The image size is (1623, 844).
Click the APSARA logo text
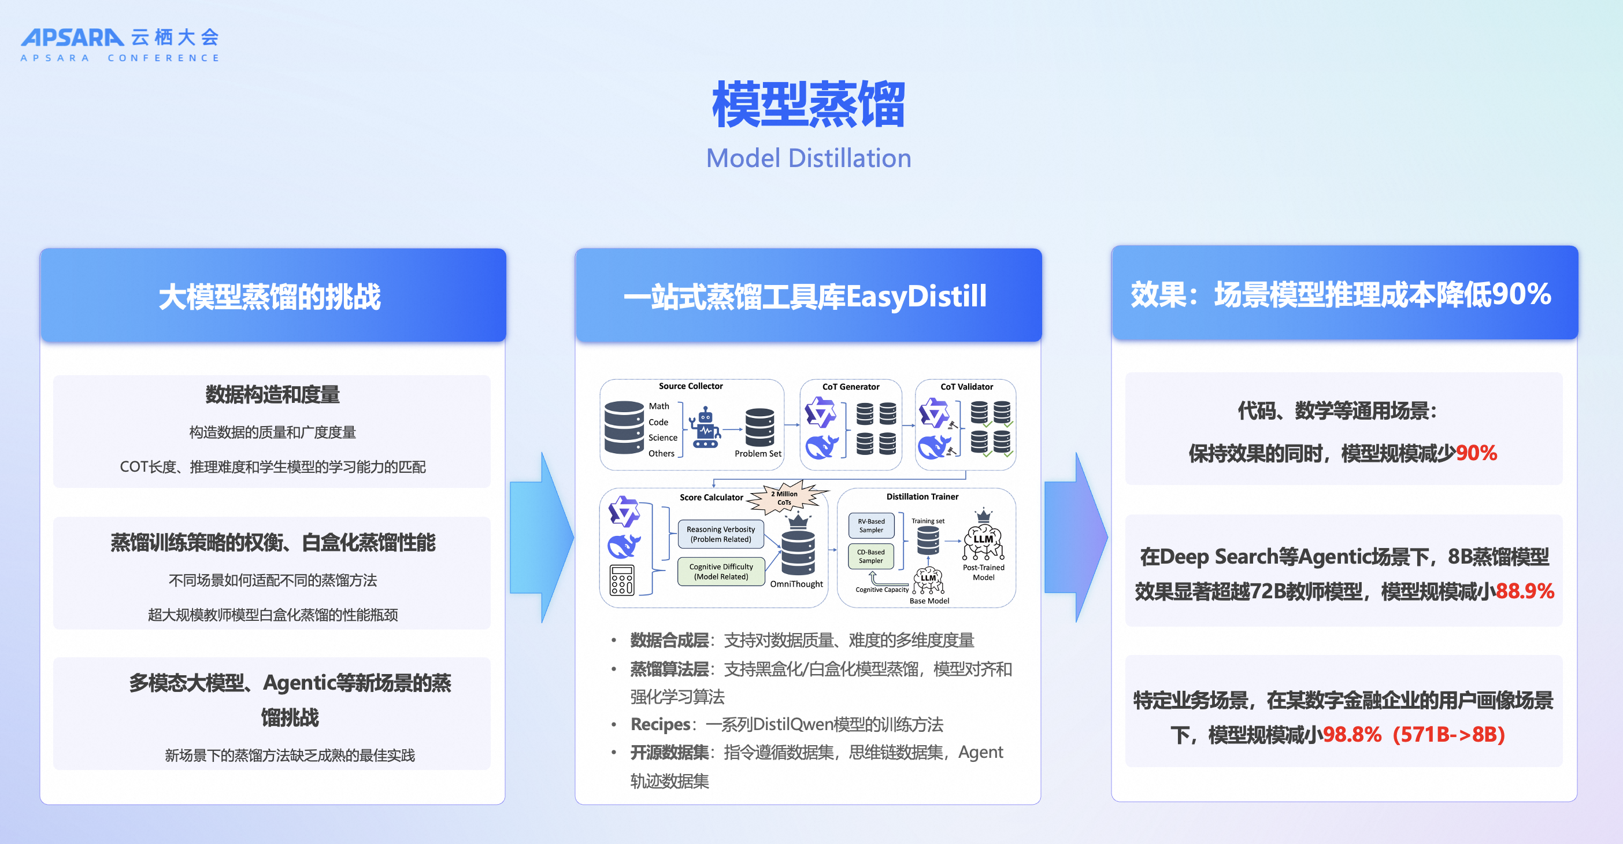point(72,37)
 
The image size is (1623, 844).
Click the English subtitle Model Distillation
point(809,158)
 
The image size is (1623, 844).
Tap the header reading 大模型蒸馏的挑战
point(270,296)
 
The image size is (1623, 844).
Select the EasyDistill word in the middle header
point(916,296)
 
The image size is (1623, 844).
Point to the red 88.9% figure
point(1525,591)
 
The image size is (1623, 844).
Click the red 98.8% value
point(1351,734)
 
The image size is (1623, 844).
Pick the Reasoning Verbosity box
point(721,534)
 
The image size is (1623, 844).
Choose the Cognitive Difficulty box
point(721,571)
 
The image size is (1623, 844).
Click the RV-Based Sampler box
point(872,525)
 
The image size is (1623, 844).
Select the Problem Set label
point(757,453)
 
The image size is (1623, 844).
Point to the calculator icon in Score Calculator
point(621,580)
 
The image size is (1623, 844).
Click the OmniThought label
point(796,584)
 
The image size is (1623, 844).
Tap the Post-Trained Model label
point(984,572)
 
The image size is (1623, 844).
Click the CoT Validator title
point(966,386)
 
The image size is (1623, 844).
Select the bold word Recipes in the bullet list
point(659,724)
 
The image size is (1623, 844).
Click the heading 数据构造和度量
point(272,395)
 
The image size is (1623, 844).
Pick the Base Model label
point(929,601)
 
